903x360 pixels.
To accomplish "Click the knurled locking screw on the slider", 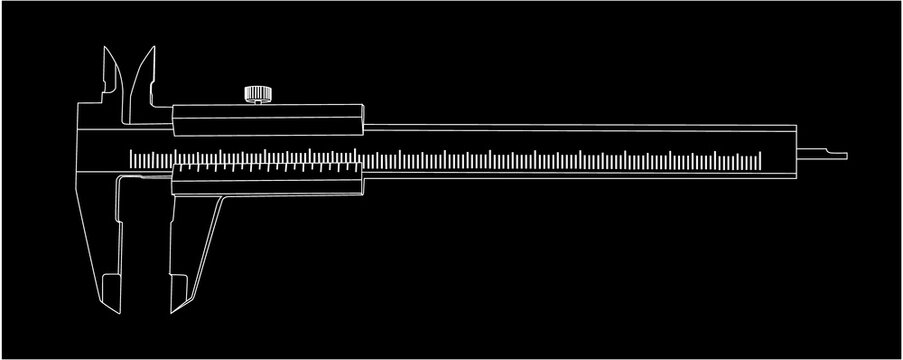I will pos(257,95).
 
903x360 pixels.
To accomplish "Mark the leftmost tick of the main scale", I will pos(131,156).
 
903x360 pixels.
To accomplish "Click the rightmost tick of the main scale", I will pos(760,156).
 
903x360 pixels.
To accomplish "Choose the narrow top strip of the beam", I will pos(580,126).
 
